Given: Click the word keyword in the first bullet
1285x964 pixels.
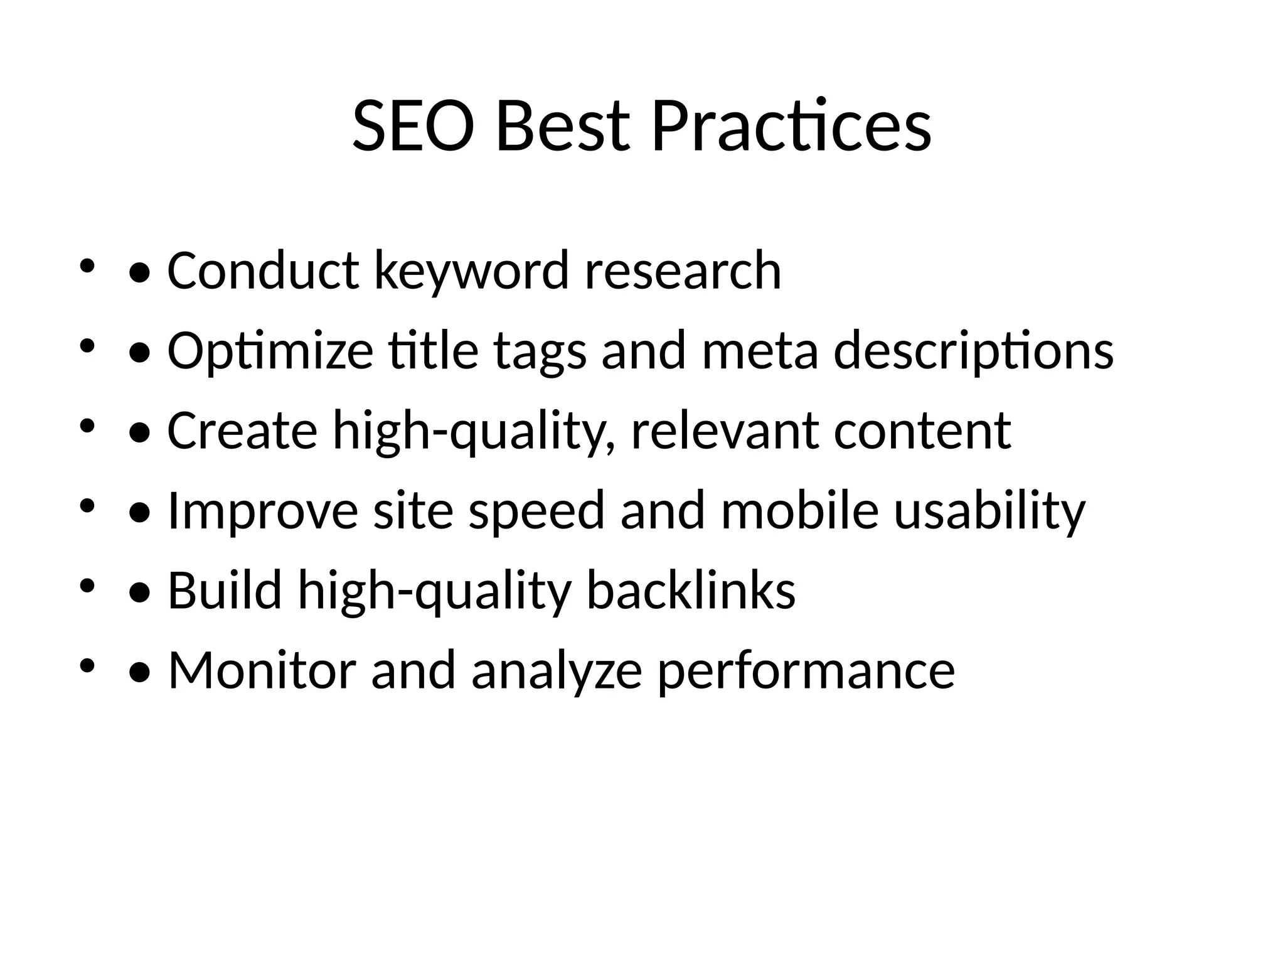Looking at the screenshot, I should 471,271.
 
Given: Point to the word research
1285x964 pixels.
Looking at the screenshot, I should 683,271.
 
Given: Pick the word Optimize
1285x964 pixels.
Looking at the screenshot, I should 270,351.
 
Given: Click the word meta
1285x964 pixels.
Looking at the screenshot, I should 760,351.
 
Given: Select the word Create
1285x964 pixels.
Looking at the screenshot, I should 242,431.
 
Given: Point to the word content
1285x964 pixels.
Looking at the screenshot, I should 922,431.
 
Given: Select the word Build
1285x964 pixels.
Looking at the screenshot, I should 225,591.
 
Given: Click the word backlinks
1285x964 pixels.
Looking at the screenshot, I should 691,591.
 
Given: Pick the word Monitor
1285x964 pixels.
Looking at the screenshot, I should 262,670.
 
